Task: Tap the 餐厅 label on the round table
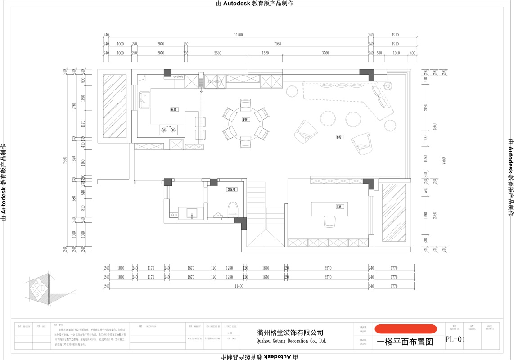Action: click(245, 120)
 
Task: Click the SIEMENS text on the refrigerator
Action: click(215, 82)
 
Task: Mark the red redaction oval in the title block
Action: click(406, 329)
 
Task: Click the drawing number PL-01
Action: click(455, 340)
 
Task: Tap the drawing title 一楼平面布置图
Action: click(405, 342)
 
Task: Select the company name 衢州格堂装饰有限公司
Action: click(290, 333)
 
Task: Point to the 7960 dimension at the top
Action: click(278, 44)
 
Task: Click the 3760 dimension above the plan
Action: click(325, 53)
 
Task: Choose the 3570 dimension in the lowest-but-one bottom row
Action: click(328, 277)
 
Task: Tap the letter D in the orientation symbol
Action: click(42, 287)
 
